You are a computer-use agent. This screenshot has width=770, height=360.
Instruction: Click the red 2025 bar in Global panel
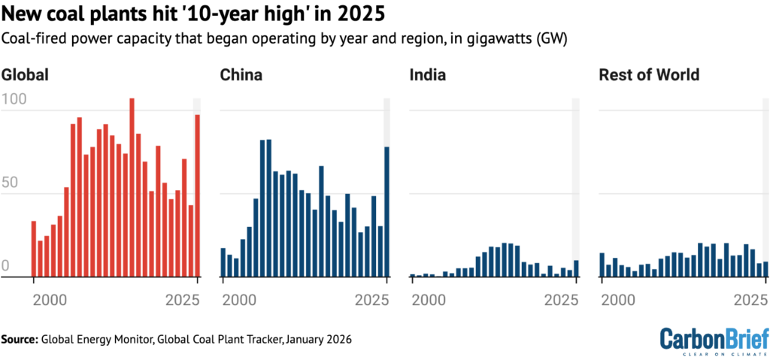click(198, 195)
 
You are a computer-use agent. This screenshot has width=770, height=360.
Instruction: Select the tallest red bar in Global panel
click(132, 188)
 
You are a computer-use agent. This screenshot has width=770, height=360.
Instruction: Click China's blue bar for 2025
click(387, 212)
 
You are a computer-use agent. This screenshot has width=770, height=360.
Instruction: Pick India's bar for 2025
click(577, 268)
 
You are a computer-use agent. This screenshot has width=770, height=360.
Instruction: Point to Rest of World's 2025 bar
click(765, 269)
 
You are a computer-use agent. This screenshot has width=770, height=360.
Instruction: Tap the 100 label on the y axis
click(14, 98)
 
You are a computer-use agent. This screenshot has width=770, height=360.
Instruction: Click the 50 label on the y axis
click(10, 182)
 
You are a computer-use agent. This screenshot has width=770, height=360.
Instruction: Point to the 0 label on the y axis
click(6, 266)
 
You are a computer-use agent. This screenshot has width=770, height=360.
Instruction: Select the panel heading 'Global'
click(26, 75)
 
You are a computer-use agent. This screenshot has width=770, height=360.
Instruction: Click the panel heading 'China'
click(241, 75)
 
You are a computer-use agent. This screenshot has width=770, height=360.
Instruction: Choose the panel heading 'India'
click(428, 75)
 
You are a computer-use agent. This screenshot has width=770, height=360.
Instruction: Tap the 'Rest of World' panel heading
click(649, 75)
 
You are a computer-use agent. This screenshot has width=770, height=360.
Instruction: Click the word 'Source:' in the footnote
click(20, 340)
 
